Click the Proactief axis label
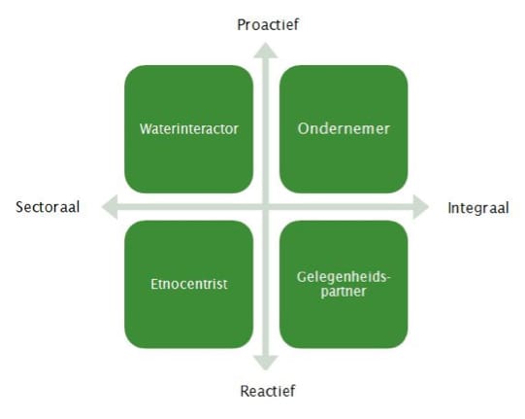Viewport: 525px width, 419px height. tap(268, 25)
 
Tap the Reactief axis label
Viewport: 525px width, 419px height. tap(268, 391)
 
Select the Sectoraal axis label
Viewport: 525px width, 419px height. tap(48, 207)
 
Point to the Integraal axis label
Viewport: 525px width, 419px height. tap(478, 208)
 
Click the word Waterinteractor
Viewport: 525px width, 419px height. tap(189, 129)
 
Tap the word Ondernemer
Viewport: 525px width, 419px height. tap(344, 128)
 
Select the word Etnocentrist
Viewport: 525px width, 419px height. tap(189, 284)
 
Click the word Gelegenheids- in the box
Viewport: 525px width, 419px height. tap(344, 277)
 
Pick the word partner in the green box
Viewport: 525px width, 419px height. tap(344, 292)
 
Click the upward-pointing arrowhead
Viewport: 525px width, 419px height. tap(266, 51)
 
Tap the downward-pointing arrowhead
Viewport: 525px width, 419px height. tap(266, 363)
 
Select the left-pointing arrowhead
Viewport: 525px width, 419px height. tap(110, 207)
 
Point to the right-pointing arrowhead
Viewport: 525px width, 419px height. tap(421, 207)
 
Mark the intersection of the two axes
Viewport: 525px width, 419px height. tap(266, 207)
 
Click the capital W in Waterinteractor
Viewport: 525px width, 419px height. tap(146, 129)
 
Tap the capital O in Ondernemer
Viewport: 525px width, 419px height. tap(303, 128)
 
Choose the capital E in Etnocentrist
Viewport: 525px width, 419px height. tap(154, 284)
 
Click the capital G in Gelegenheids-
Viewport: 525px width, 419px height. tap(302, 277)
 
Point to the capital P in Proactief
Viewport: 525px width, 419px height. tap(241, 25)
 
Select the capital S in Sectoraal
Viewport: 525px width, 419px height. tap(19, 207)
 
